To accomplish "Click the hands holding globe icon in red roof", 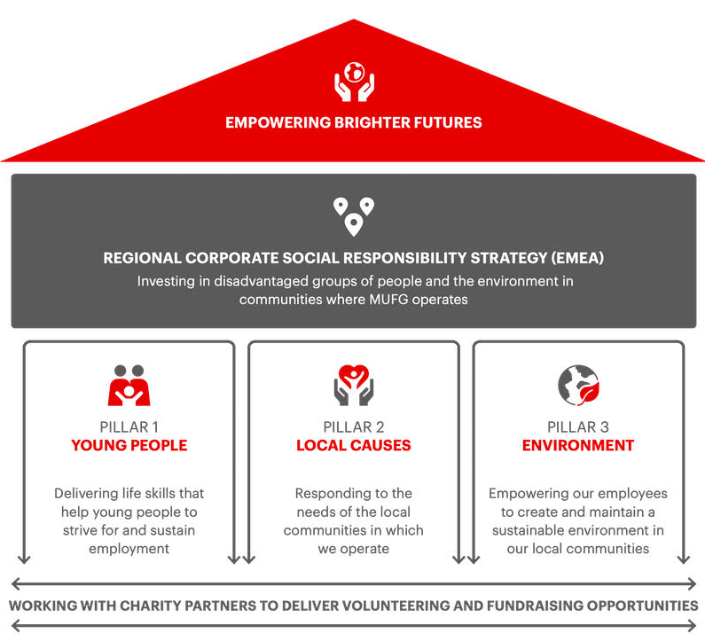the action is pyautogui.click(x=354, y=82).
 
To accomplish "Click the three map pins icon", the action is pyautogui.click(x=354, y=216).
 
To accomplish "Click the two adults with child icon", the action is pyautogui.click(x=129, y=386).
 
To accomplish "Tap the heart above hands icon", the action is pyautogui.click(x=354, y=386).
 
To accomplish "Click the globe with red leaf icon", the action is pyautogui.click(x=579, y=386).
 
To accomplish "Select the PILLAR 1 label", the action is pyautogui.click(x=129, y=426).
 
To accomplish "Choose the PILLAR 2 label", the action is pyautogui.click(x=354, y=426).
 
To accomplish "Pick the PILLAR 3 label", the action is pyautogui.click(x=578, y=426).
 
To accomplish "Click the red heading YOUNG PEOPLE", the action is pyautogui.click(x=129, y=445).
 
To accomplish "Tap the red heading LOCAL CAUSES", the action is pyautogui.click(x=354, y=445).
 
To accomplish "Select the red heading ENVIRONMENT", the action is pyautogui.click(x=578, y=445).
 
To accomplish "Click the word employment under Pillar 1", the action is pyautogui.click(x=129, y=549).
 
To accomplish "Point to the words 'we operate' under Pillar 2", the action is pyautogui.click(x=354, y=549).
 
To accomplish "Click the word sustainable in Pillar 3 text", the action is pyautogui.click(x=529, y=530).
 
